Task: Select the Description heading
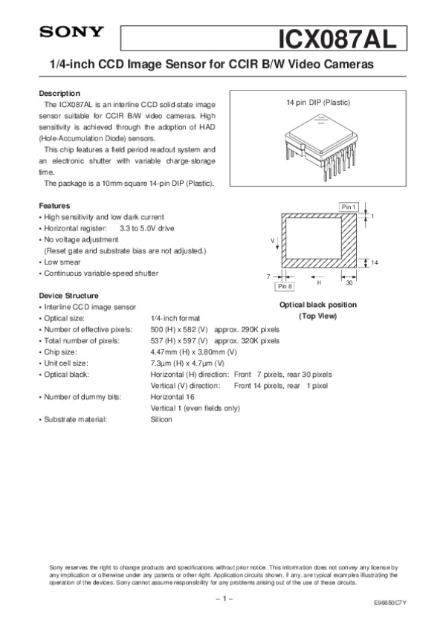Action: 59,94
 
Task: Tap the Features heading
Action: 54,206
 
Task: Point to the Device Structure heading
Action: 68,296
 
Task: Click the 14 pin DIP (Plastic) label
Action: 318,102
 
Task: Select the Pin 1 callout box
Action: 349,206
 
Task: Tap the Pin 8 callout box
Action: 285,286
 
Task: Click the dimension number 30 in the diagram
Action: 349,282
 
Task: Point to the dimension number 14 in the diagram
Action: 375,263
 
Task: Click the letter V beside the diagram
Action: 273,240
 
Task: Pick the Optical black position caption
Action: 317,305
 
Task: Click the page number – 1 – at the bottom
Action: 224,598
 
